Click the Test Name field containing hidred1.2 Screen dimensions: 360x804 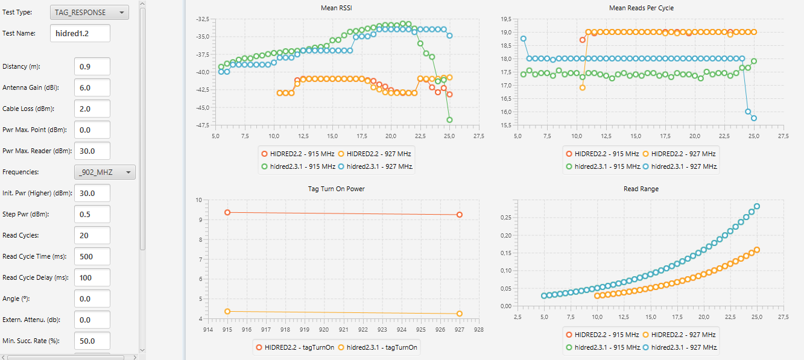pyautogui.click(x=80, y=33)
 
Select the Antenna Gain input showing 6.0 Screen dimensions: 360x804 pyautogui.click(x=92, y=87)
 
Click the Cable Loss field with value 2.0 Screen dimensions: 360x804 pyautogui.click(x=92, y=109)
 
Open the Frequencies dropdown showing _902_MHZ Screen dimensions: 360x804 pyautogui.click(x=104, y=172)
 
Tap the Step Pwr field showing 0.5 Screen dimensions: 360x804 pyautogui.click(x=92, y=214)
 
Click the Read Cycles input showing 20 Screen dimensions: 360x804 pyautogui.click(x=92, y=235)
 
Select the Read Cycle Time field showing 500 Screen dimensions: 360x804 pyautogui.click(x=92, y=256)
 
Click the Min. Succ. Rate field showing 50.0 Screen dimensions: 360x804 pyautogui.click(x=92, y=341)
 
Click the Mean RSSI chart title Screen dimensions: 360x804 pyautogui.click(x=337, y=8)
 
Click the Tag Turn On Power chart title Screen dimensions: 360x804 pyautogui.click(x=336, y=189)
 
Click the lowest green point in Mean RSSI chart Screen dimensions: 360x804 pyautogui.click(x=449, y=119)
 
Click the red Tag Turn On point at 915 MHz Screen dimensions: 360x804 pyautogui.click(x=227, y=212)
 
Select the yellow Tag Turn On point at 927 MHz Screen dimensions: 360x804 pyautogui.click(x=460, y=314)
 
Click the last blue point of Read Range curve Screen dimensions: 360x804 pyautogui.click(x=756, y=206)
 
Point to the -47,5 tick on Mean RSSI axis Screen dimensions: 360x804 pyautogui.click(x=201, y=125)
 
